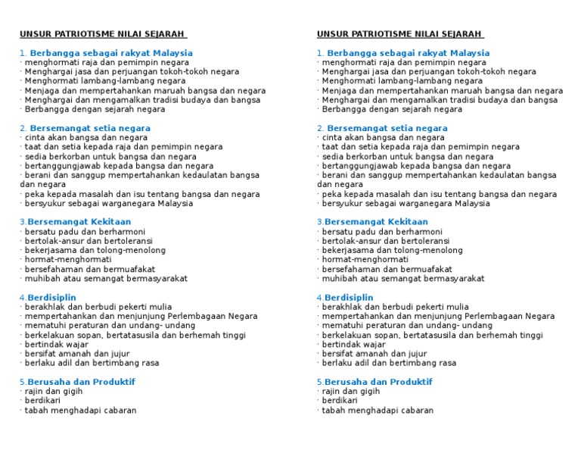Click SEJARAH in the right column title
458,34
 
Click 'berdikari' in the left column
43,401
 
